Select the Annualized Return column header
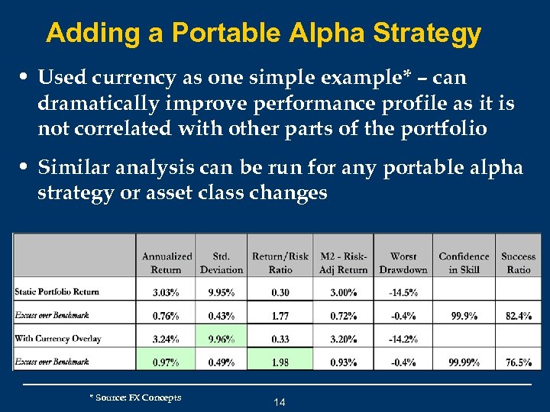tap(167, 262)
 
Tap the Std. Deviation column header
tap(221, 262)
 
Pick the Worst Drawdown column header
tap(403, 262)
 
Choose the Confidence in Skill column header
tap(464, 262)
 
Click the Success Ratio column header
tap(518, 262)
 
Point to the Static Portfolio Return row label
tap(57, 291)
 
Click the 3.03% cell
tap(166, 291)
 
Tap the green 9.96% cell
tap(221, 339)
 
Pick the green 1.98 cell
tap(280, 362)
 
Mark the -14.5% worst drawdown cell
tap(403, 291)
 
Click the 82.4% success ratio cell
tap(518, 315)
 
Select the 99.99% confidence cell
tap(464, 362)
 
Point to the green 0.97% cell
tap(166, 362)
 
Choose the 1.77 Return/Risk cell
tap(280, 315)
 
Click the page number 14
tap(279, 402)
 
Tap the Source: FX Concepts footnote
tap(135, 398)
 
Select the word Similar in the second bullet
tap(72, 167)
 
